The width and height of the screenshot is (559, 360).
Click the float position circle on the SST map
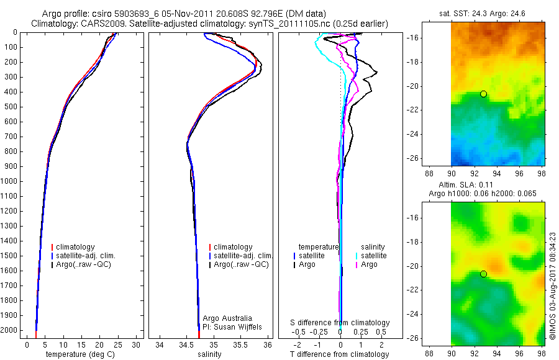(x=483, y=94)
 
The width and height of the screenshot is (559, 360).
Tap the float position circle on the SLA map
(x=483, y=274)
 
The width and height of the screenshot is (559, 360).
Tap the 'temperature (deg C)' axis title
(x=81, y=354)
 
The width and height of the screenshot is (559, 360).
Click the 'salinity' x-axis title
(x=209, y=354)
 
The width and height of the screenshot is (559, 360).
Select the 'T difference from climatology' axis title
(x=340, y=354)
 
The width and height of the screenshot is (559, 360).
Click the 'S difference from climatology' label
(x=340, y=323)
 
